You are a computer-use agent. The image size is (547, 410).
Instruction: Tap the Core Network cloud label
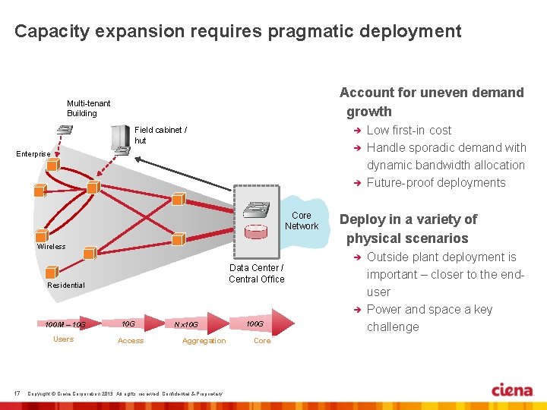pyautogui.click(x=302, y=221)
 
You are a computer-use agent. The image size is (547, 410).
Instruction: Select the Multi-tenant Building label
pyautogui.click(x=88, y=108)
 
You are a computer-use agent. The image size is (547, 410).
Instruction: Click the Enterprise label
pyautogui.click(x=33, y=154)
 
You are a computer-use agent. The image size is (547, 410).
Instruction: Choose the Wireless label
pyautogui.click(x=51, y=246)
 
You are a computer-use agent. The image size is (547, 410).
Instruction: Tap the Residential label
pyautogui.click(x=66, y=285)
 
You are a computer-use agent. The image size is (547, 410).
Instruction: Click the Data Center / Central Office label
pyautogui.click(x=256, y=273)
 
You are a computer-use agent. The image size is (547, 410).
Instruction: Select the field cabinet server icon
pyautogui.click(x=118, y=139)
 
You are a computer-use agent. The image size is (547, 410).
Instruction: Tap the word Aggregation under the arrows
pyautogui.click(x=204, y=341)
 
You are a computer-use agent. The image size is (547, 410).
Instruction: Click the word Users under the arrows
pyautogui.click(x=63, y=339)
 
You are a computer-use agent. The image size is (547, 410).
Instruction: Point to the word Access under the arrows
pyautogui.click(x=131, y=341)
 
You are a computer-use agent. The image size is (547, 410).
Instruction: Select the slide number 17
pyautogui.click(x=17, y=393)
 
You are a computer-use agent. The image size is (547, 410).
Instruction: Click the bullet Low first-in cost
pyautogui.click(x=409, y=130)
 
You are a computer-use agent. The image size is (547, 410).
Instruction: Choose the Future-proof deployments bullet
pyautogui.click(x=435, y=182)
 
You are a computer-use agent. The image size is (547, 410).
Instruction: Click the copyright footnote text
pyautogui.click(x=125, y=393)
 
